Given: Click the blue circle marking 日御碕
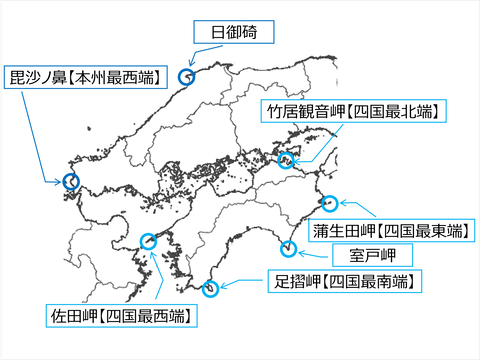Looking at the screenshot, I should coord(185,76).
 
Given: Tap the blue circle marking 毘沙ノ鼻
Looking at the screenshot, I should coord(70,181).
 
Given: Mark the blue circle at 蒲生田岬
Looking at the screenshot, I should coord(329,200).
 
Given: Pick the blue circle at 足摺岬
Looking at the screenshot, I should coord(210,289).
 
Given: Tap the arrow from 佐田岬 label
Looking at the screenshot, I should coord(155,275).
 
